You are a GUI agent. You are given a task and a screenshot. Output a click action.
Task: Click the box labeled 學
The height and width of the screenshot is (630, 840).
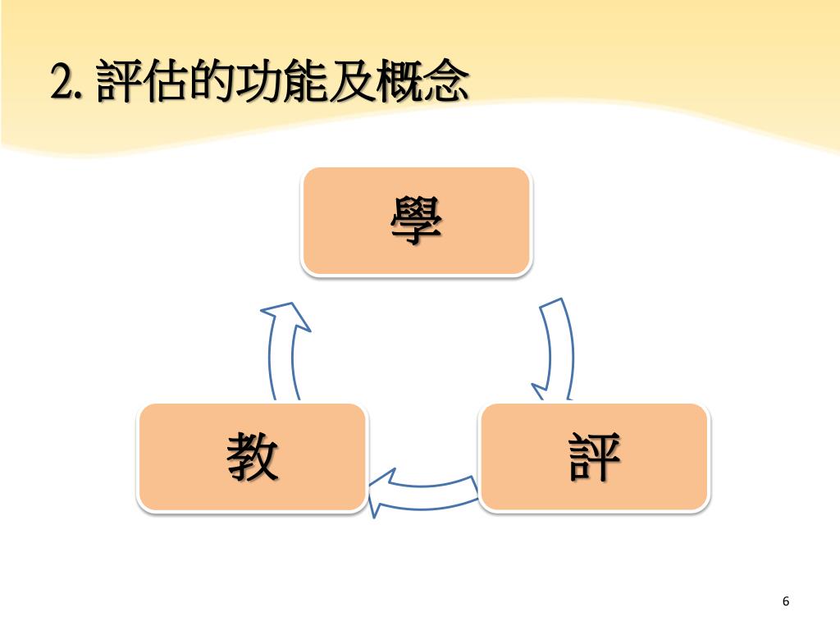[417, 221]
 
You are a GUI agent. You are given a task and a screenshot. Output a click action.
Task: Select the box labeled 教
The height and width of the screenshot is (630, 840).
[253, 457]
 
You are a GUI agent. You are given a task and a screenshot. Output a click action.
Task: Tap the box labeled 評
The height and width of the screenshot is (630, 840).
[595, 457]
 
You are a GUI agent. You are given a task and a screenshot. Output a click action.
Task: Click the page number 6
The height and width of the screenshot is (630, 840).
[786, 601]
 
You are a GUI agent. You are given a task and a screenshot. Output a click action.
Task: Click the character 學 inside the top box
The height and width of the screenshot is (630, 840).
[417, 221]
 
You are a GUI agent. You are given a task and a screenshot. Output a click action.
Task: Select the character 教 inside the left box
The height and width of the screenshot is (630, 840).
[253, 457]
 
